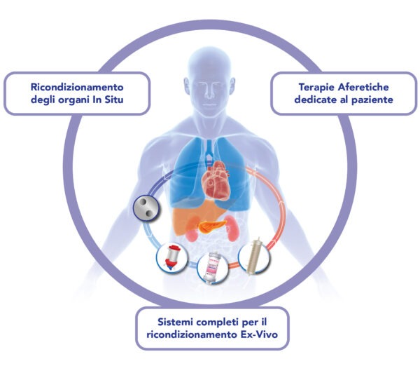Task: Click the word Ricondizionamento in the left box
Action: pyautogui.click(x=77, y=87)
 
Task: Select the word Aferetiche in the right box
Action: pyautogui.click(x=363, y=87)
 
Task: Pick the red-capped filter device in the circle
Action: pyautogui.click(x=172, y=258)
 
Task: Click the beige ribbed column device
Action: pyautogui.click(x=255, y=256)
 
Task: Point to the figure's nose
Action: pyautogui.click(x=209, y=92)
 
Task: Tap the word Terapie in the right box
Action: pyautogui.click(x=317, y=88)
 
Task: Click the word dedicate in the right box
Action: pyautogui.click(x=312, y=100)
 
